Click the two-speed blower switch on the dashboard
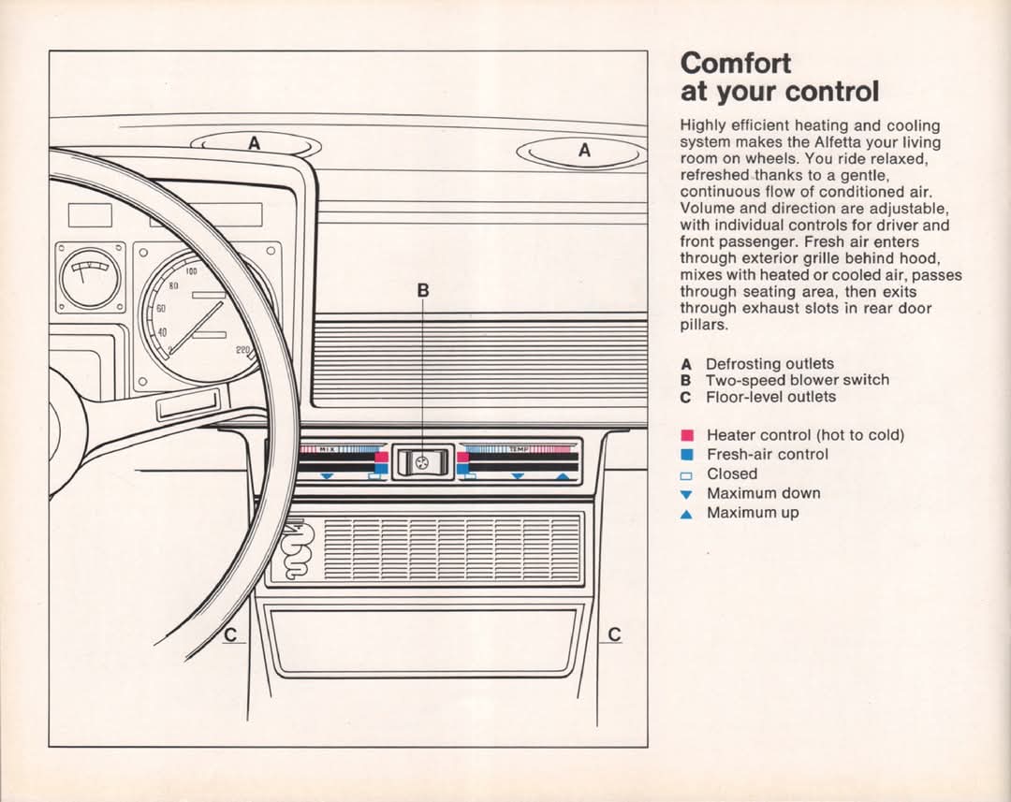[422, 461]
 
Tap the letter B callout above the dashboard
[423, 291]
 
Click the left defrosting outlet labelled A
[256, 145]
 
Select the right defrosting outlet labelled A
[583, 153]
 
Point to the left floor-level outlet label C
[231, 635]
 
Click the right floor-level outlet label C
[614, 635]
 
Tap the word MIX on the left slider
[327, 448]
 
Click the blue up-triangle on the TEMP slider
[563, 476]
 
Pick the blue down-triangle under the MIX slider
[327, 476]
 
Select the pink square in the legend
[687, 436]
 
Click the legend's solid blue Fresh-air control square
[687, 455]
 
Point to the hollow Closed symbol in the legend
[687, 475]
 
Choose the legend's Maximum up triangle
[687, 514]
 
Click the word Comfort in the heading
[735, 64]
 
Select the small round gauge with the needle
[90, 277]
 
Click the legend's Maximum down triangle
[687, 494]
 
